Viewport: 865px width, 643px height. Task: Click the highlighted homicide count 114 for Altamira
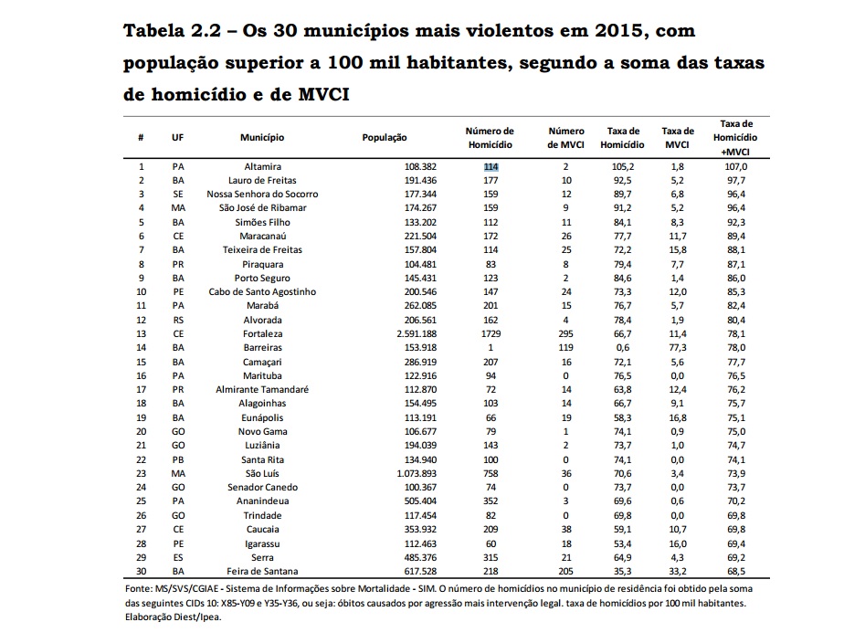tap(491, 167)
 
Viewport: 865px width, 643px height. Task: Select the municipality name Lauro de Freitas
tap(262, 181)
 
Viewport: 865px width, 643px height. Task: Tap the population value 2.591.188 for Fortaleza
tap(385, 333)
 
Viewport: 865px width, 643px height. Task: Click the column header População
tap(385, 137)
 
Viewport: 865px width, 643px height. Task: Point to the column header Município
tap(262, 137)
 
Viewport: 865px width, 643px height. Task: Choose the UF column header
tap(178, 137)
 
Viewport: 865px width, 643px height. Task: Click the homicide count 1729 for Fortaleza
tap(491, 333)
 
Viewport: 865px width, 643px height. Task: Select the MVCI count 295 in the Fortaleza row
tap(566, 333)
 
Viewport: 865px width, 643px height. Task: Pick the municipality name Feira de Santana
tap(262, 570)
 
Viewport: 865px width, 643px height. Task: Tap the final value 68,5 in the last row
tap(736, 570)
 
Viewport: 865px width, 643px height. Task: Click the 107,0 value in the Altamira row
tap(736, 167)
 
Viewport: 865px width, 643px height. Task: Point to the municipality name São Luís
tap(262, 473)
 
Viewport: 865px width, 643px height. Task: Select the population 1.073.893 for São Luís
tap(385, 473)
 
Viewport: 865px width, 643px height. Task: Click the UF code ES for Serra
tap(178, 556)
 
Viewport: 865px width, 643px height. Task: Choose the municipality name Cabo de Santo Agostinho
tap(262, 291)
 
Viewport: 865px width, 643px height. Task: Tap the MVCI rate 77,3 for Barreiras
tap(677, 347)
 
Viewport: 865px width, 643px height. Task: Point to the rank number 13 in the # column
tap(142, 333)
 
